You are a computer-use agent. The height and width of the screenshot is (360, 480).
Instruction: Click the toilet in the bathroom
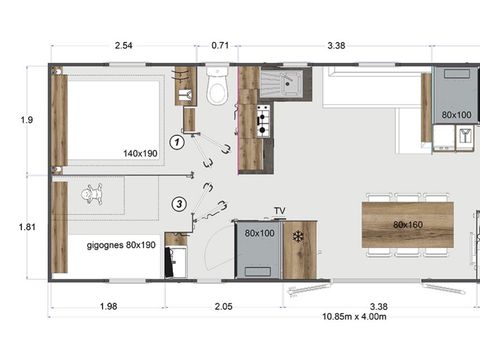point(216,90)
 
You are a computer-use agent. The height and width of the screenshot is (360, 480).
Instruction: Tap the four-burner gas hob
point(264,121)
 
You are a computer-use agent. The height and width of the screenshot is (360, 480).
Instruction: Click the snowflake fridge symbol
point(298,236)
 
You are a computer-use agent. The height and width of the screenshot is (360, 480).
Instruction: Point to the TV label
point(280,211)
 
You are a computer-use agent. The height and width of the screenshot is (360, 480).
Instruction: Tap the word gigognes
point(105,245)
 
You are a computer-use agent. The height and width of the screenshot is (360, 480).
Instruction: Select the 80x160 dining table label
point(409,224)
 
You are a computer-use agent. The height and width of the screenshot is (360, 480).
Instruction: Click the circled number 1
point(177,142)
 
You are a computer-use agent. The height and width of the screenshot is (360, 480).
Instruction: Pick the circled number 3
point(178,204)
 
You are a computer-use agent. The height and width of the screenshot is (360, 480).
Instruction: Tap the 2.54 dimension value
point(124,45)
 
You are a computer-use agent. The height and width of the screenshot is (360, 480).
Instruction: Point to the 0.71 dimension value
point(220,45)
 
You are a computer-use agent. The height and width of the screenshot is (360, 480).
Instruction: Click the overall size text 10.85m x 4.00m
point(354,317)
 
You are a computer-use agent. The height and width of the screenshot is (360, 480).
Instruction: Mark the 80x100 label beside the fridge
point(259,233)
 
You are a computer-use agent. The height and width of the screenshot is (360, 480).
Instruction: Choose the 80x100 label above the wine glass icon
point(456,115)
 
